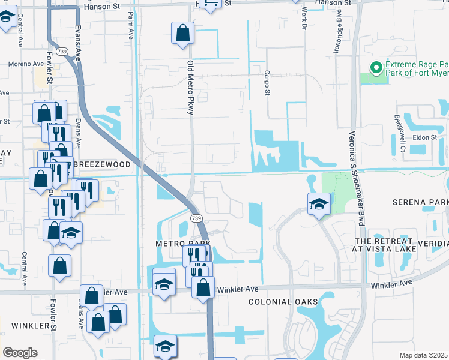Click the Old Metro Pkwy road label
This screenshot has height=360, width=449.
[190, 83]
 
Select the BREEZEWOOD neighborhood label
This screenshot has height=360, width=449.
[98, 164]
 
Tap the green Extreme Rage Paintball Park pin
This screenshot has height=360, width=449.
[377, 68]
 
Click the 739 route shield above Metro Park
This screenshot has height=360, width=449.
[196, 218]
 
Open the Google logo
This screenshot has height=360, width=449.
[20, 353]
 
